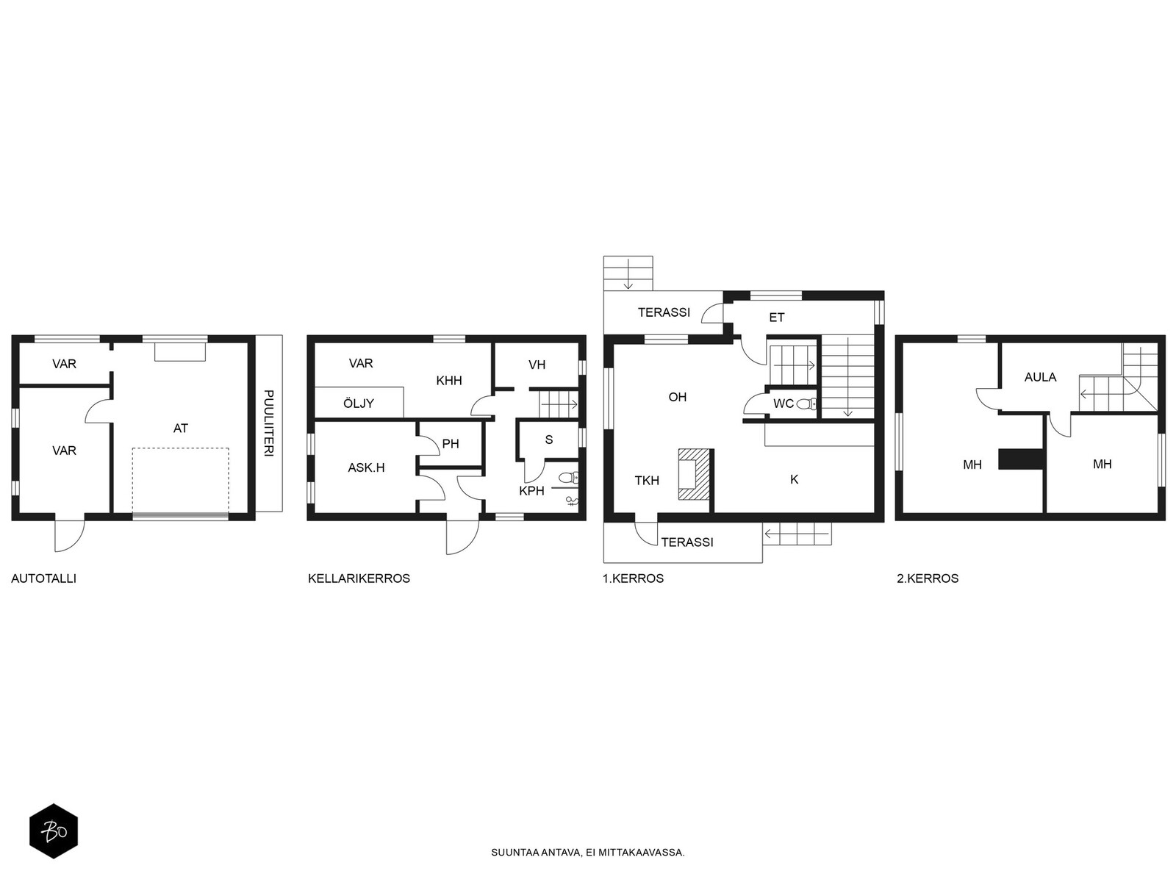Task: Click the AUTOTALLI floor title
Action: (x=44, y=578)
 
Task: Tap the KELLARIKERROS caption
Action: (x=359, y=578)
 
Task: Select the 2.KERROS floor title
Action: (x=928, y=578)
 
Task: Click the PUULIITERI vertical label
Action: (x=269, y=423)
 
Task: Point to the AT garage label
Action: (x=181, y=429)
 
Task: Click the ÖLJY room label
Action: (x=359, y=403)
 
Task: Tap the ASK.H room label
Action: (x=367, y=467)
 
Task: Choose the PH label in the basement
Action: (x=451, y=443)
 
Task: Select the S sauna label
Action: (x=548, y=440)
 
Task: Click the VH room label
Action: (x=537, y=365)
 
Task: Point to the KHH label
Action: (x=449, y=381)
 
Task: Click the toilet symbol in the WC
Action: (x=807, y=404)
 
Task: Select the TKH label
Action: (x=648, y=481)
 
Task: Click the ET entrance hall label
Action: (x=777, y=318)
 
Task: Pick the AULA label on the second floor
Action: (x=1041, y=377)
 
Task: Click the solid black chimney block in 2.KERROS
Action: (x=1021, y=459)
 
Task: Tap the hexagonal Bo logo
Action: (x=54, y=832)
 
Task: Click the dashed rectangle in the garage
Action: (x=181, y=481)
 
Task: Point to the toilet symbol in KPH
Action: (x=569, y=476)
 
